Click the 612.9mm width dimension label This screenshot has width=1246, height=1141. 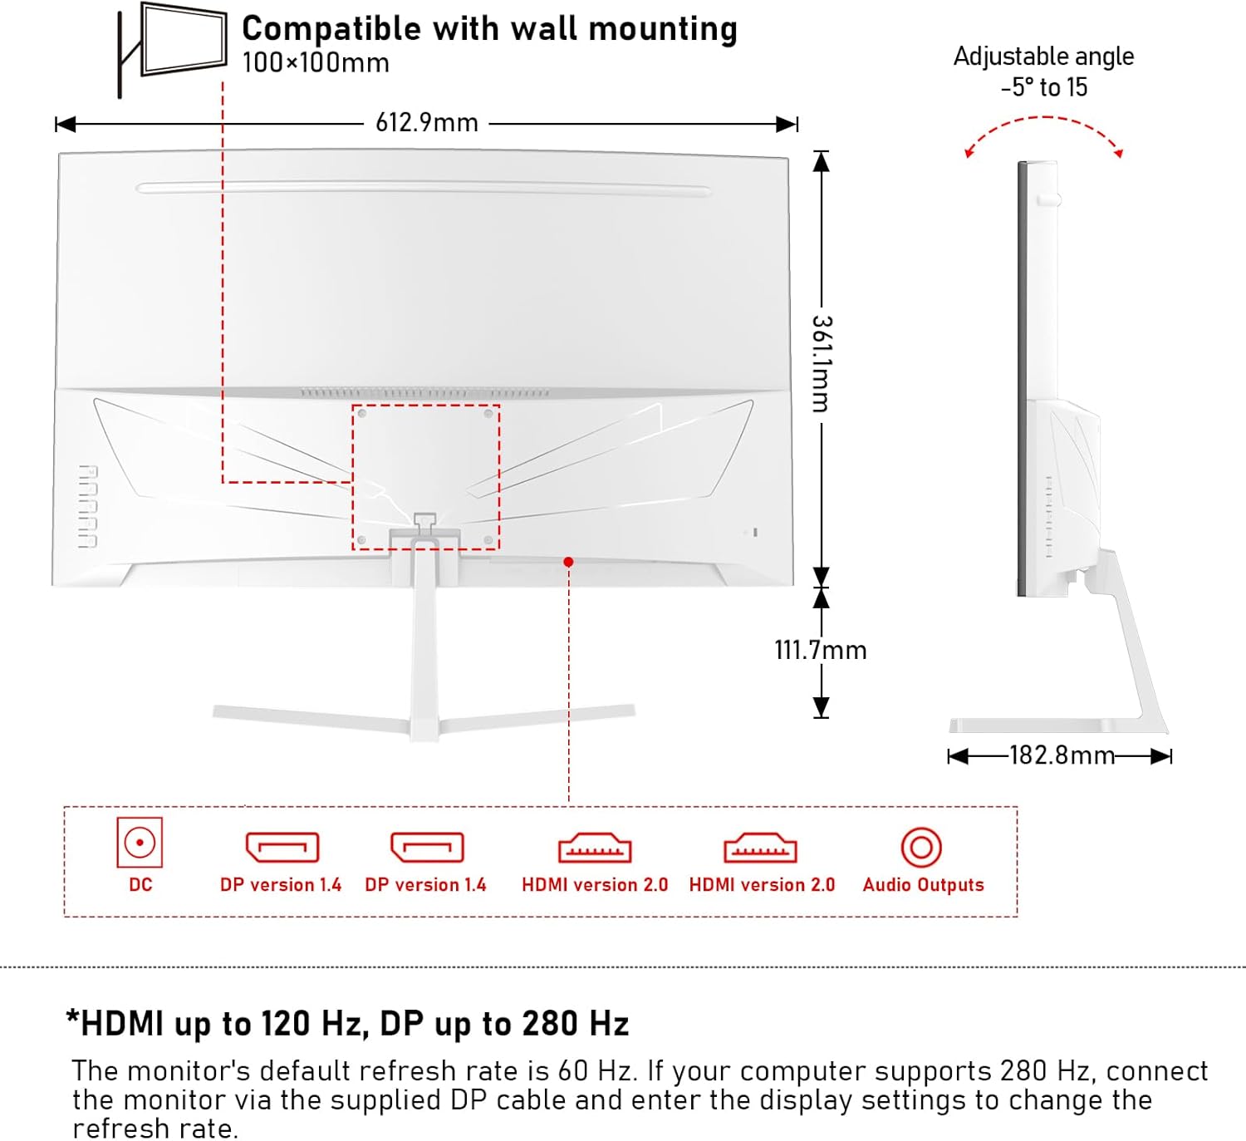[426, 123]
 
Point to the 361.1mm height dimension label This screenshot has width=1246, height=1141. [821, 363]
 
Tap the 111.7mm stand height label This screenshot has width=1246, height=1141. [820, 650]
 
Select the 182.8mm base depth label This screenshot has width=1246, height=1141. [1061, 755]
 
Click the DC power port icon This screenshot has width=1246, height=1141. [140, 843]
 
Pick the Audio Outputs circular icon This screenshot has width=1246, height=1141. [921, 848]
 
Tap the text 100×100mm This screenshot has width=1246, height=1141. [316, 63]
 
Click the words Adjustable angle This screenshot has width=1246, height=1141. [1043, 57]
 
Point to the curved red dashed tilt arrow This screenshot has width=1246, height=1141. [1043, 120]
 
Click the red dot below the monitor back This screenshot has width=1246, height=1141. [568, 563]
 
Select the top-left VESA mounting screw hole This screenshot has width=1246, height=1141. [361, 413]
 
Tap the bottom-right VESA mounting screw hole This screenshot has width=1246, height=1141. [488, 541]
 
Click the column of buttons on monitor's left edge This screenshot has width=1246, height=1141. [88, 506]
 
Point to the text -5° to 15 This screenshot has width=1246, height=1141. [1043, 87]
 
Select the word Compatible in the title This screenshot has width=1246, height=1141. [331, 29]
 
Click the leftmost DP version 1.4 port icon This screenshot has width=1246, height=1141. [282, 848]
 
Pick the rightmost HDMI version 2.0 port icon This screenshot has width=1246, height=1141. [760, 848]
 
